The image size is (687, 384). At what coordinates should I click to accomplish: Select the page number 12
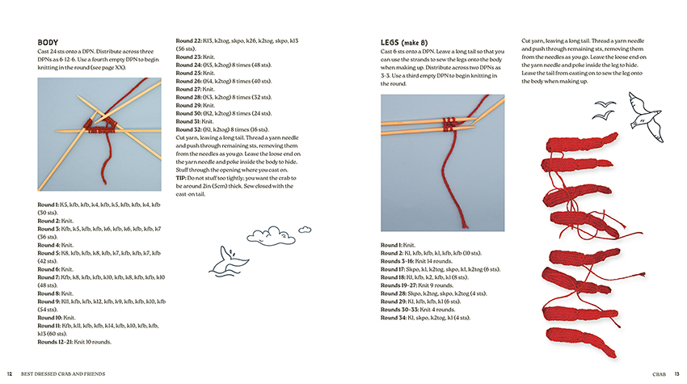[x=10, y=373]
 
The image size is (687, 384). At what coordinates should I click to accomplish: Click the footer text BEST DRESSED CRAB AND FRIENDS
[x=63, y=373]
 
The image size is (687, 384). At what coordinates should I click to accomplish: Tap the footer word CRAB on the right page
[x=660, y=373]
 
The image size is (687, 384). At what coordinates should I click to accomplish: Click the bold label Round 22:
[x=189, y=40]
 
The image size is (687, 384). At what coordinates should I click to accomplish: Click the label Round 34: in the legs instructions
[x=395, y=317]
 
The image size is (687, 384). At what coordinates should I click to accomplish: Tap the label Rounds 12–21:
[x=56, y=341]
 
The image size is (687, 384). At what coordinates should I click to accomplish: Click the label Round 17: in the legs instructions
[x=395, y=268]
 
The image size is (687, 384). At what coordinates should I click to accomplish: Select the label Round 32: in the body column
[x=189, y=129]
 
